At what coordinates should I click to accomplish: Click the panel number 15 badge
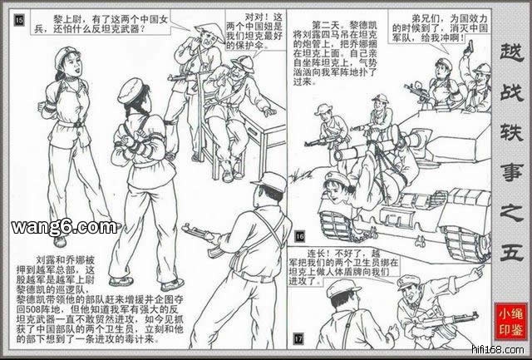click(x=19, y=21)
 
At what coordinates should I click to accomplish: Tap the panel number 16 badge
click(x=300, y=236)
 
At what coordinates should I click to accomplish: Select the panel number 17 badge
click(x=298, y=338)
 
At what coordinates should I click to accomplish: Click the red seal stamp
click(x=510, y=321)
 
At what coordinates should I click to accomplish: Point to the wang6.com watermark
click(x=65, y=227)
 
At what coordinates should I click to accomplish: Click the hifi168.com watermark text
click(x=499, y=349)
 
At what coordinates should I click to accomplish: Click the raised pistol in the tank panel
click(x=468, y=47)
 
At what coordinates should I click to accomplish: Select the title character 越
click(x=511, y=53)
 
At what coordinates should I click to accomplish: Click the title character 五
click(x=511, y=251)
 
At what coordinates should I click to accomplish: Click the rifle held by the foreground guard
click(x=204, y=238)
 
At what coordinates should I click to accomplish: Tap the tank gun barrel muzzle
click(x=338, y=155)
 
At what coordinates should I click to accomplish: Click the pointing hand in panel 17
click(x=478, y=270)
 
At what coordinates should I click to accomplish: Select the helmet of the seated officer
click(x=242, y=63)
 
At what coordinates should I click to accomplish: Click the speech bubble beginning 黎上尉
click(x=101, y=23)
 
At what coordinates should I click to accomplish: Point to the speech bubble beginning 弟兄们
click(x=440, y=27)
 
